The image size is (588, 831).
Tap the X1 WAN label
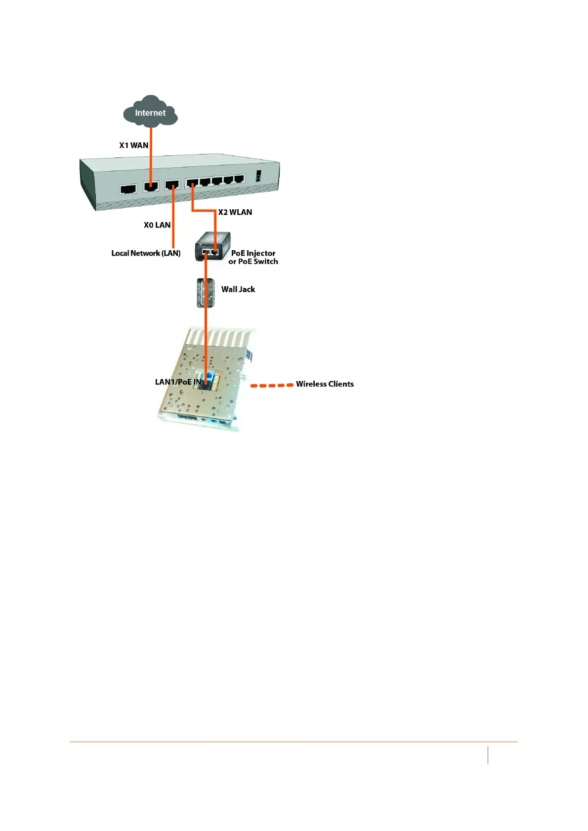point(133,145)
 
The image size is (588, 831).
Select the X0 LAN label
point(157,225)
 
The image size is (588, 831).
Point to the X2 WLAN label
point(235,212)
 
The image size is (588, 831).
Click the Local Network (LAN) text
point(146,253)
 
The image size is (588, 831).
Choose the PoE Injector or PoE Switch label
point(253,257)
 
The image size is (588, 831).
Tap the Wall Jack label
point(238,289)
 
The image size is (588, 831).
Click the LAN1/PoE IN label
point(178,382)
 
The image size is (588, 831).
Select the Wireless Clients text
point(325,384)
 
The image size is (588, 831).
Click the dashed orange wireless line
point(272,385)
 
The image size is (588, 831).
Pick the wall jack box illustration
point(206,293)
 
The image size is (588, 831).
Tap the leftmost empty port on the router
point(128,189)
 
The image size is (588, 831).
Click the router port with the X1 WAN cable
point(151,186)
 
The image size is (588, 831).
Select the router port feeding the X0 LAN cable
point(172,185)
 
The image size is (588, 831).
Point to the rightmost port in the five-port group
point(239,179)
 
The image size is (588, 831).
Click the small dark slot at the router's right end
point(258,175)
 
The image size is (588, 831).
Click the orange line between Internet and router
point(151,148)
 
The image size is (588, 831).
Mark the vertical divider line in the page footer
point(488,755)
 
